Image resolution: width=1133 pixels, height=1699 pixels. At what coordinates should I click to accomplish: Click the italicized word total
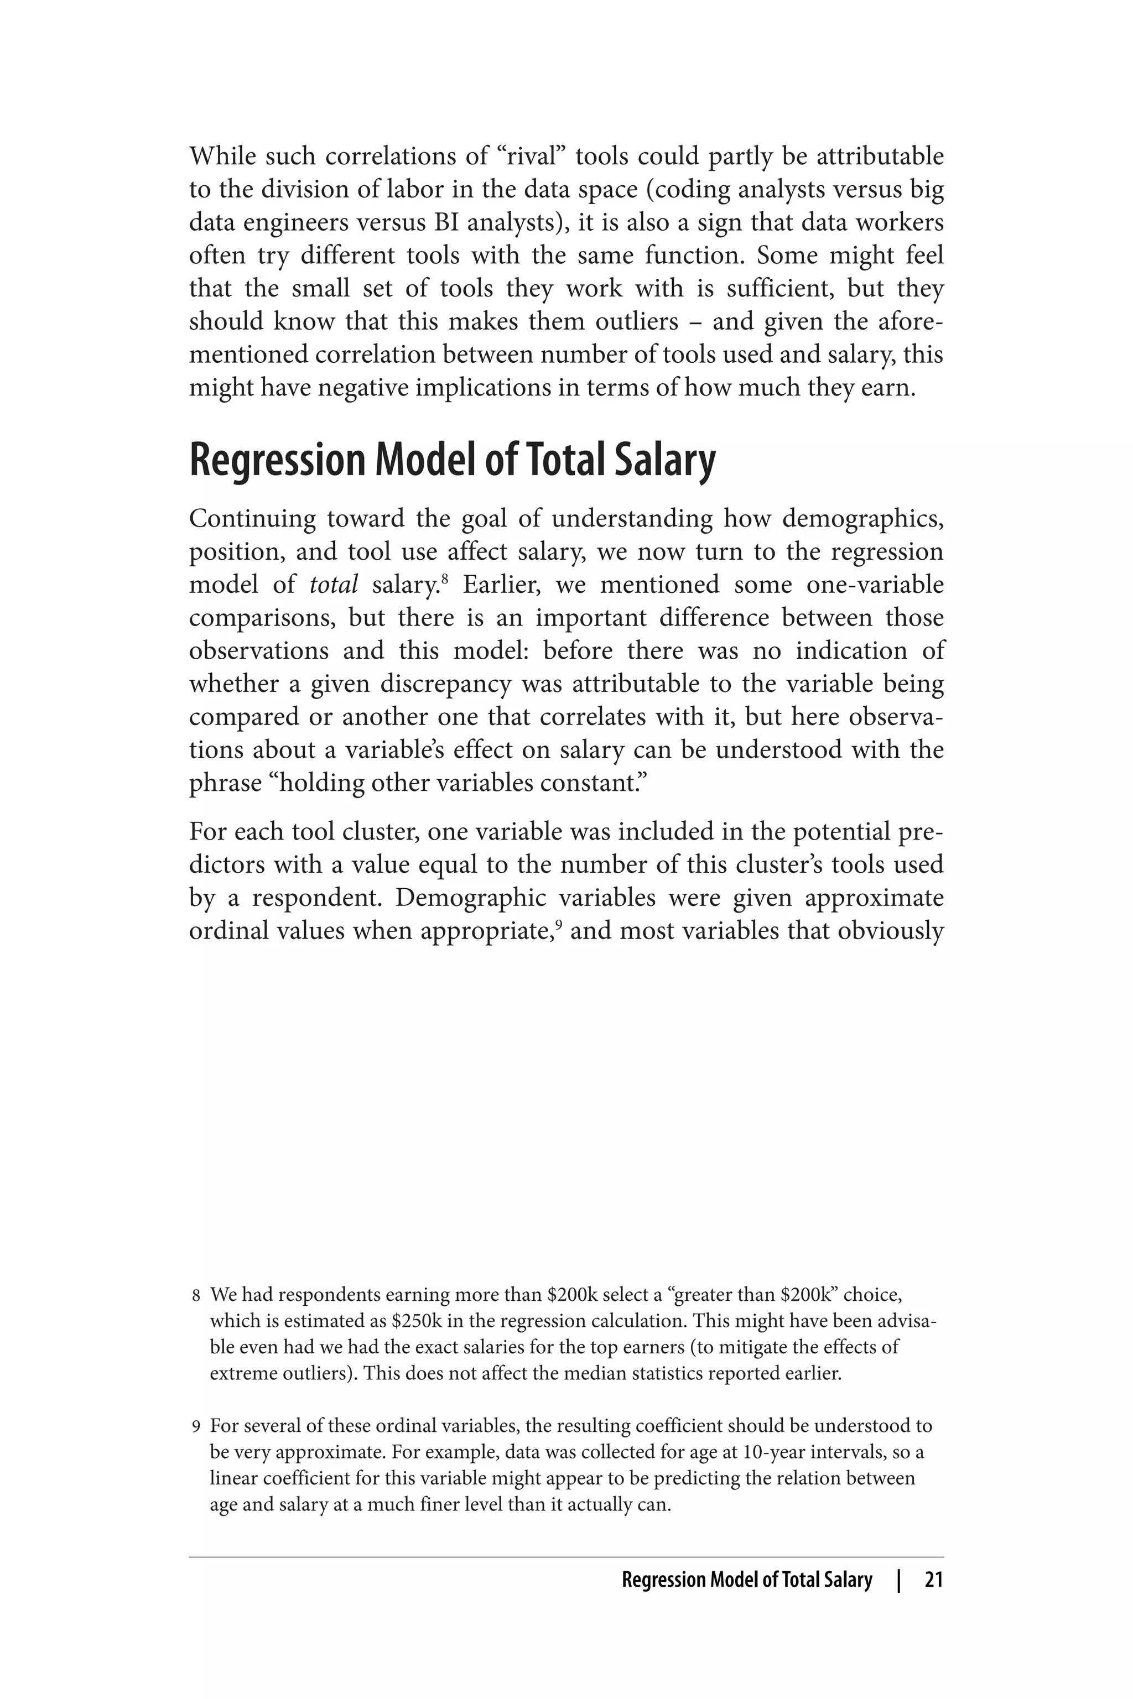pos(333,585)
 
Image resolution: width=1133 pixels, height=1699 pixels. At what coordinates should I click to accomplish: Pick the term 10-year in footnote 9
pos(749,1452)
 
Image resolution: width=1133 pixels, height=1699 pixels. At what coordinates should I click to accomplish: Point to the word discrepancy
pos(445,684)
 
